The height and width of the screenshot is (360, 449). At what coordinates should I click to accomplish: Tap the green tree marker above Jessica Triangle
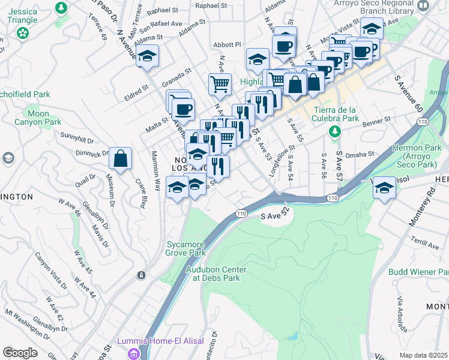click(61, 8)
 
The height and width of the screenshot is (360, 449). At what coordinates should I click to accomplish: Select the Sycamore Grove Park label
click(185, 248)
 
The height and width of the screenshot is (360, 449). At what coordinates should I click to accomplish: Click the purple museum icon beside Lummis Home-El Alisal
click(134, 353)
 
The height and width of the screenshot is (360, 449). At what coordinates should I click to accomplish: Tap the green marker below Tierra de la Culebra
click(335, 131)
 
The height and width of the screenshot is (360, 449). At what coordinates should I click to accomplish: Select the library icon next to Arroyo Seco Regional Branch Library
click(423, 5)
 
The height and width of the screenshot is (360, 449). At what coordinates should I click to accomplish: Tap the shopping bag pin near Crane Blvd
click(121, 159)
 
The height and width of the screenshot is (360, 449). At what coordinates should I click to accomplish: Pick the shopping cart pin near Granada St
click(220, 84)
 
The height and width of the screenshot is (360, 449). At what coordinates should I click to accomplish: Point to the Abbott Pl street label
click(227, 45)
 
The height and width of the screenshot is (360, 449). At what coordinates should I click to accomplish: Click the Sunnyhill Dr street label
click(77, 138)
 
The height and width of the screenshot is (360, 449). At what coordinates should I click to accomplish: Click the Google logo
click(20, 352)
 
